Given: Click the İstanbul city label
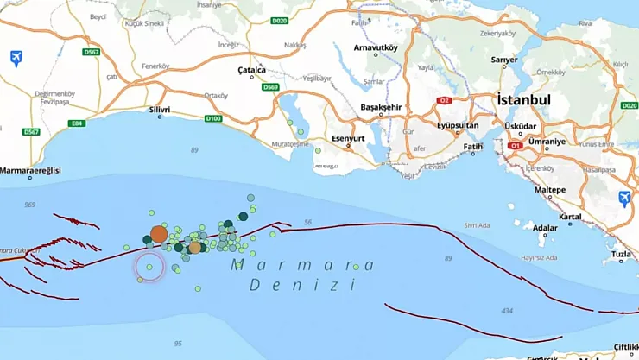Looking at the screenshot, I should [x=524, y=100].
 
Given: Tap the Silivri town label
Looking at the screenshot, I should [x=160, y=111].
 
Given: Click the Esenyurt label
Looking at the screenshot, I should [x=350, y=138].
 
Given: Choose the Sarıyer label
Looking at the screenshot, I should [x=504, y=60].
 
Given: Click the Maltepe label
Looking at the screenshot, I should [x=550, y=189].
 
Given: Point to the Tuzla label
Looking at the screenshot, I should [x=622, y=255].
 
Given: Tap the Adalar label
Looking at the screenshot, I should [x=545, y=229].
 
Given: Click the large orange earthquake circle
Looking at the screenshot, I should [x=159, y=234].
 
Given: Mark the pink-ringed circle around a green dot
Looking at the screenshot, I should [x=149, y=268].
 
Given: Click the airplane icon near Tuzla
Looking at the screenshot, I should [x=624, y=199].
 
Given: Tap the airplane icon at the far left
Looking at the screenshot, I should [x=16, y=58].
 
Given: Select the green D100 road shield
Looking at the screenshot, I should [x=213, y=118].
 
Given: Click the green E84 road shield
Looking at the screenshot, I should [x=78, y=123].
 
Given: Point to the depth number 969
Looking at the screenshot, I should [x=30, y=205].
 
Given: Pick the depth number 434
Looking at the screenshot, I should [x=506, y=311].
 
